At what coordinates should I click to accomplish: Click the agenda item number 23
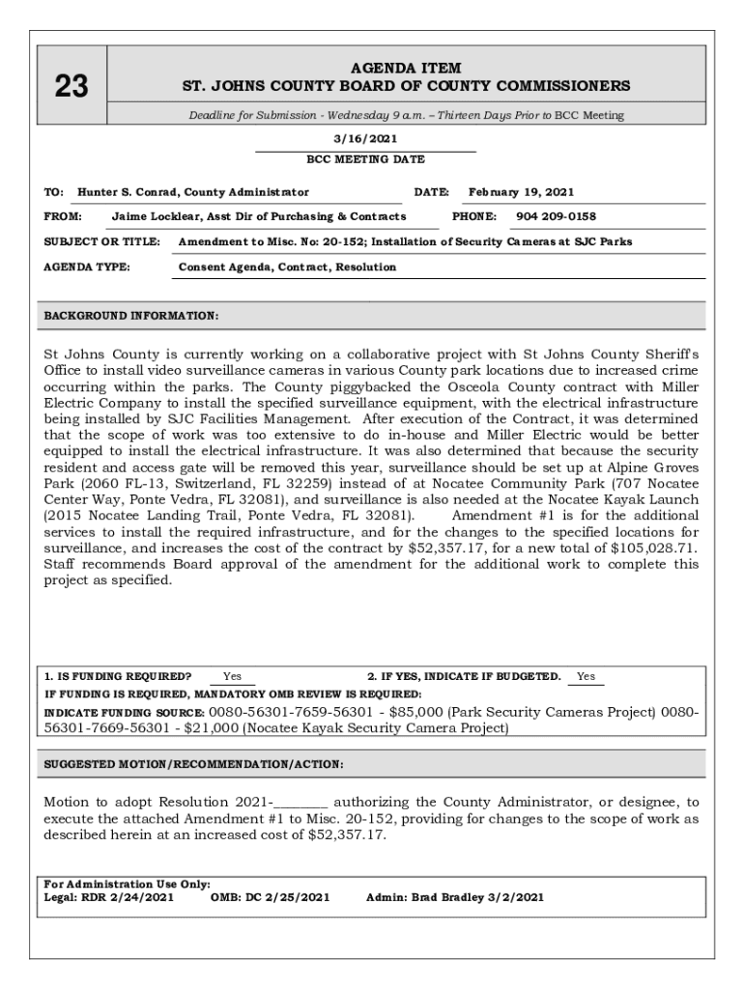tap(71, 88)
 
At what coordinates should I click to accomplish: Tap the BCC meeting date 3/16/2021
tap(365, 140)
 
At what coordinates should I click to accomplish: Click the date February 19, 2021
tap(521, 192)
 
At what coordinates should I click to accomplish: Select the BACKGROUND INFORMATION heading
tap(132, 316)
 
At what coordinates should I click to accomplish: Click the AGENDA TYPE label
tap(88, 268)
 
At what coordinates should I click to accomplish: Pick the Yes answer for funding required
tap(232, 677)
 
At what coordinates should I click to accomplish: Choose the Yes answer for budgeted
tap(586, 677)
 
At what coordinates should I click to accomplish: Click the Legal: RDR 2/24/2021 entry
tap(109, 897)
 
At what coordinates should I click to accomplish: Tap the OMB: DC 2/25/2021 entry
tap(270, 897)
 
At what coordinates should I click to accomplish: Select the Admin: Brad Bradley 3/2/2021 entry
tap(454, 897)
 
